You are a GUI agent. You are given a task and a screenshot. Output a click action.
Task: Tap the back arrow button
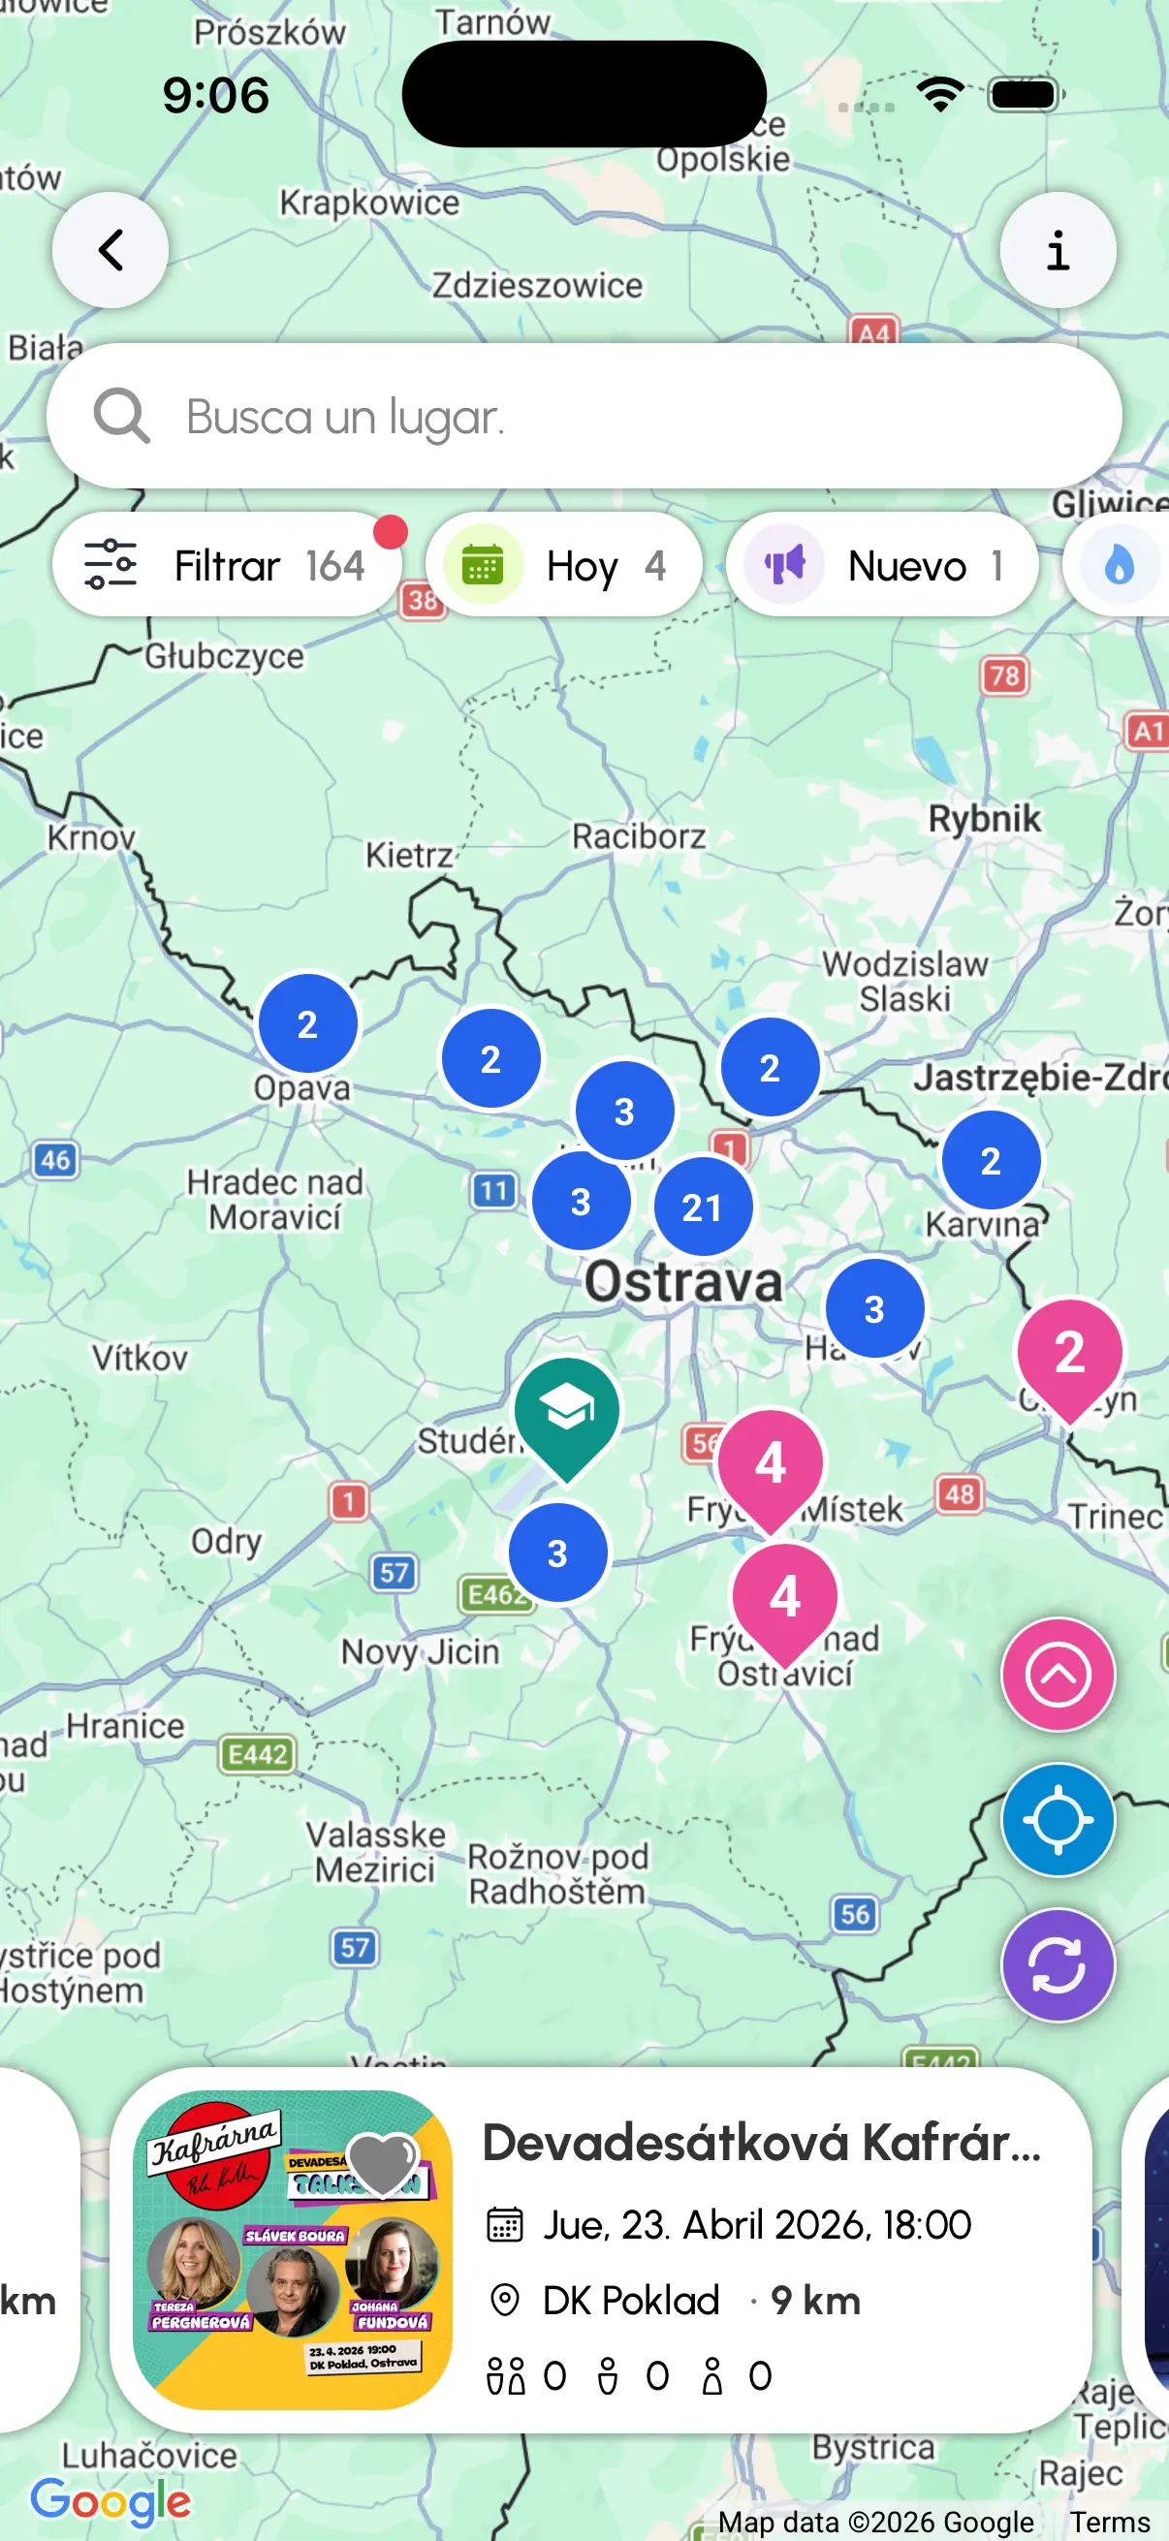[x=111, y=251]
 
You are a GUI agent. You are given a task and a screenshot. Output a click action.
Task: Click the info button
[x=1058, y=251]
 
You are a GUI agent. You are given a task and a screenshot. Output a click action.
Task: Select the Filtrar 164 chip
[x=227, y=565]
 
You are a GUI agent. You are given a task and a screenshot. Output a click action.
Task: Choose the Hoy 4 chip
[x=564, y=565]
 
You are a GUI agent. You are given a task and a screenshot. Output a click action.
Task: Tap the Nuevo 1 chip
[x=882, y=565]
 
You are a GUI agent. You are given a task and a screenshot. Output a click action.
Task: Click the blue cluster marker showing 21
[x=703, y=1207]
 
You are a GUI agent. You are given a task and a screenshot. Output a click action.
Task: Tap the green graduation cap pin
[x=567, y=1411]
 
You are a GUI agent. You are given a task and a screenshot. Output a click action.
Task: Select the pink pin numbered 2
[x=1069, y=1352]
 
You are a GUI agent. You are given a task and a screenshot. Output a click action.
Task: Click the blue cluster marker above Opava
[x=308, y=1024]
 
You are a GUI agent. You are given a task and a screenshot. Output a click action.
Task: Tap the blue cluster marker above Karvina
[x=991, y=1160]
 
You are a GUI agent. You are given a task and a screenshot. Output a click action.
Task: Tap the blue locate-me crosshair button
[x=1058, y=1820]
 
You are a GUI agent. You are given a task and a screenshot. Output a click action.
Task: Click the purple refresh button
[x=1058, y=1966]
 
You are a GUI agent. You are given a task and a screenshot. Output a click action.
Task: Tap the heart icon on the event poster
[x=383, y=2163]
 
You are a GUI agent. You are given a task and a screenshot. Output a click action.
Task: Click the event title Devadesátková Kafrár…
[x=761, y=2144]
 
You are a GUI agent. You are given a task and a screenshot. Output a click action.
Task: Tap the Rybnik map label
[x=984, y=819]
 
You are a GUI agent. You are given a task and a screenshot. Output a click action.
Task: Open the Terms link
[x=1110, y=2523]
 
